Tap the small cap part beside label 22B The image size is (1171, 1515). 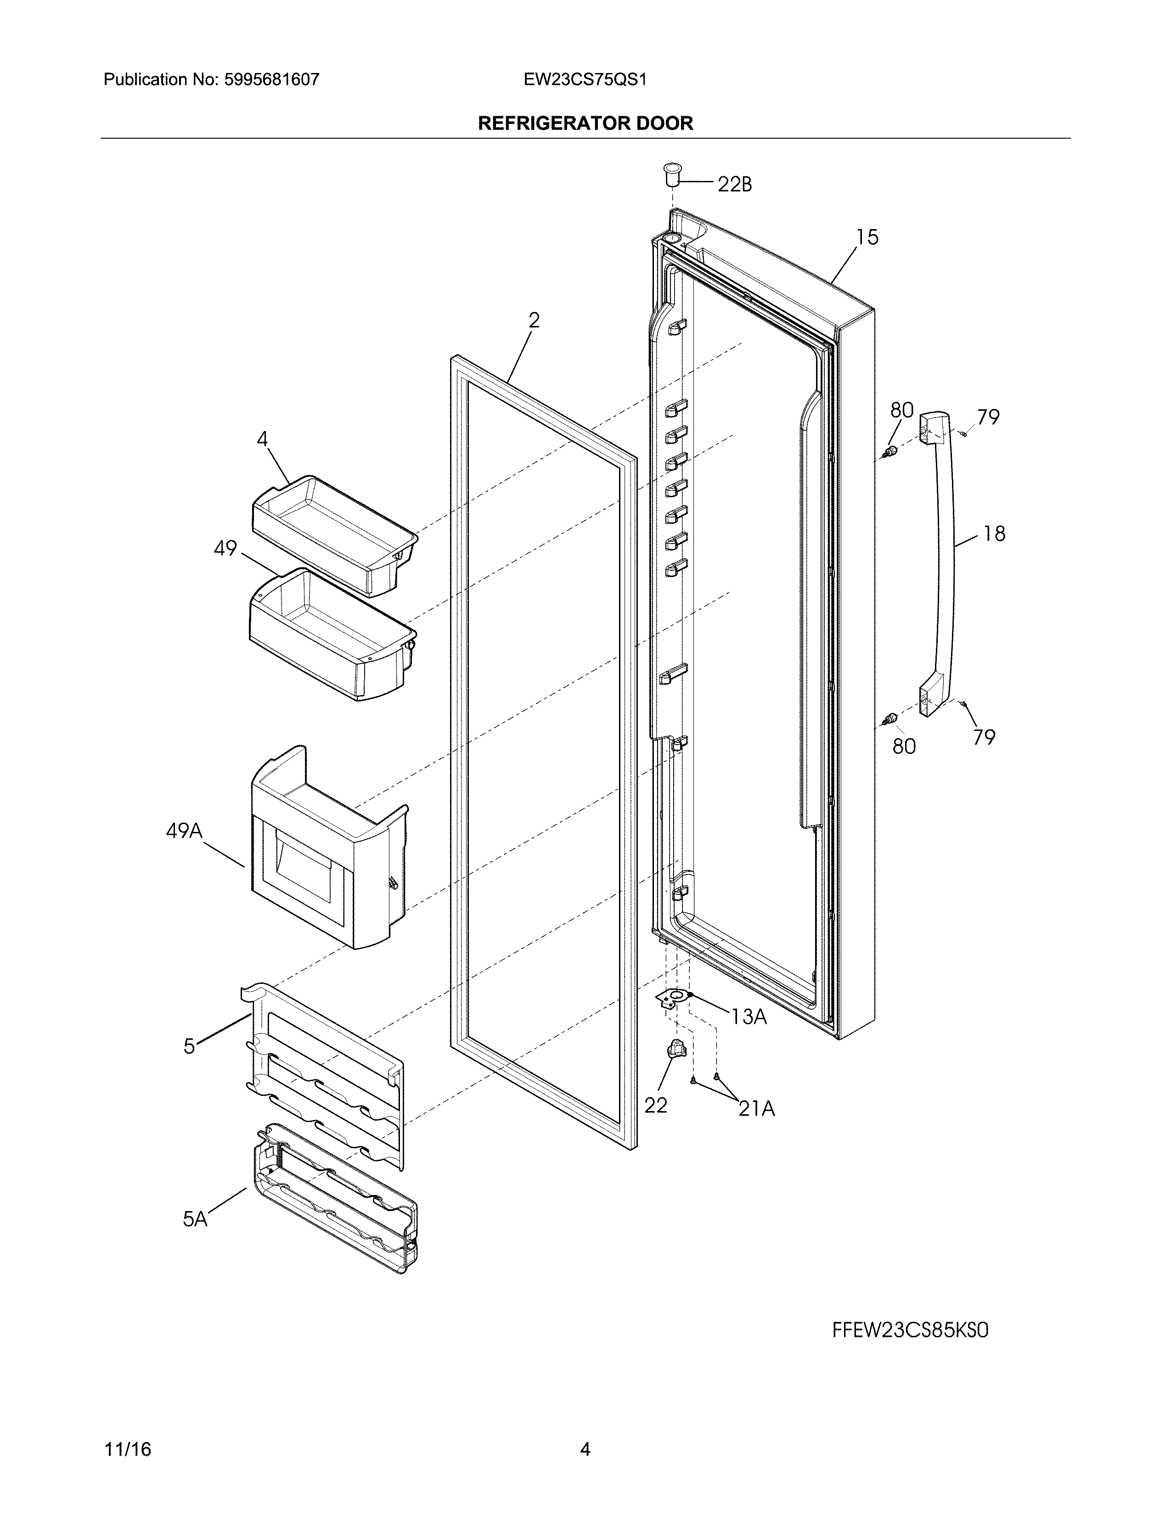(671, 174)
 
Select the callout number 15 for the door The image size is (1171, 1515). (867, 237)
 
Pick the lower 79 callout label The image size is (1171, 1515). (984, 737)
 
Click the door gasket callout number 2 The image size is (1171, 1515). (534, 320)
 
